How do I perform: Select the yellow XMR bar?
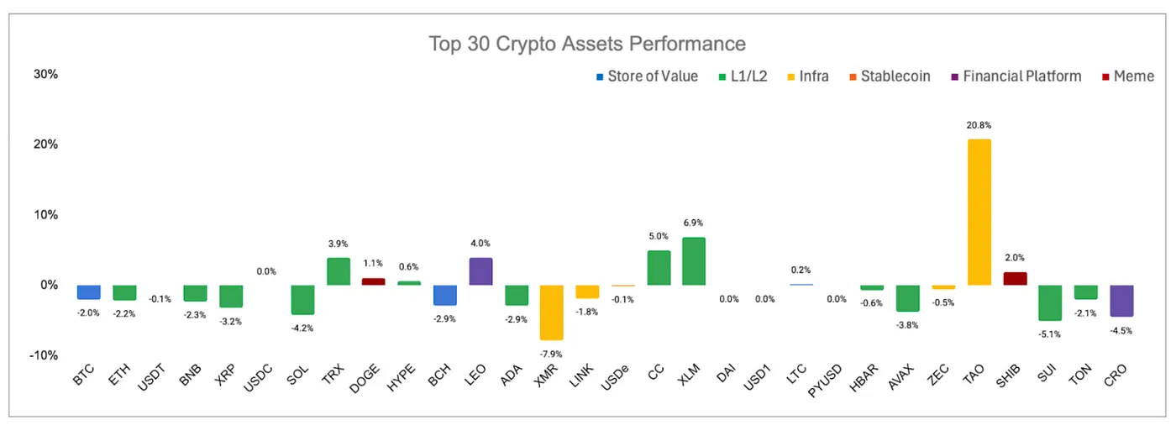(550, 312)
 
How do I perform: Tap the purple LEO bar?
(480, 271)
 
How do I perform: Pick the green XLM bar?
(694, 261)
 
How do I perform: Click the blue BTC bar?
(88, 292)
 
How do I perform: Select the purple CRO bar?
(1122, 301)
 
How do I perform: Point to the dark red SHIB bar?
(1015, 278)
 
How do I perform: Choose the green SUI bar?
(1050, 302)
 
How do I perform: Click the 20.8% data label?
(979, 125)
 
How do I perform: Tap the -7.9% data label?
(550, 355)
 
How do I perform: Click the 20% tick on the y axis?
(45, 144)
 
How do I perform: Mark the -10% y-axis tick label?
(43, 355)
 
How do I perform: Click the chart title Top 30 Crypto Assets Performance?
(587, 43)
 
